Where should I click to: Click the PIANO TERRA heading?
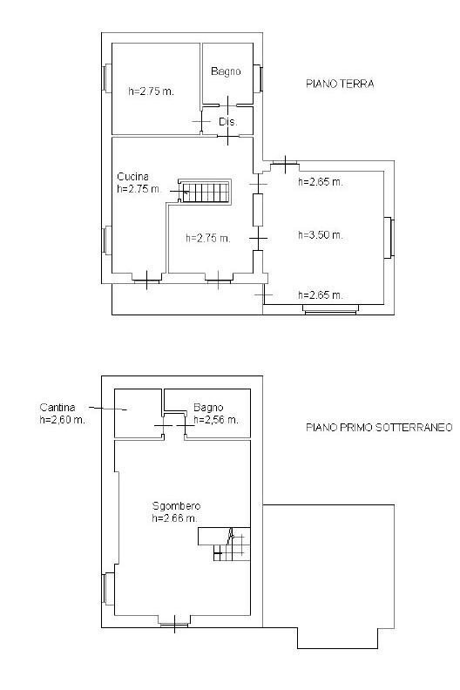(x=340, y=85)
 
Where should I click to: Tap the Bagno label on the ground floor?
(x=225, y=71)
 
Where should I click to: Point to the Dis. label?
(x=228, y=121)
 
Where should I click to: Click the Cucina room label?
(x=133, y=176)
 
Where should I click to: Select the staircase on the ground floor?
(x=207, y=192)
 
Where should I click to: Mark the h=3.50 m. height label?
(x=320, y=235)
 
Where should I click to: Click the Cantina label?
(x=57, y=407)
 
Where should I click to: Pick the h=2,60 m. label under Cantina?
(x=62, y=420)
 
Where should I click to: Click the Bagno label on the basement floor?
(x=209, y=407)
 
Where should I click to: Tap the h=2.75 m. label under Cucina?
(x=139, y=188)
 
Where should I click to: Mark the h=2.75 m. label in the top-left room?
(x=151, y=90)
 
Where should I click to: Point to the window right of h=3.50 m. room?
(x=391, y=237)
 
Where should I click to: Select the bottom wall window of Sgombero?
(x=174, y=621)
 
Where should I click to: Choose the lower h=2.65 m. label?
(x=320, y=294)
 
